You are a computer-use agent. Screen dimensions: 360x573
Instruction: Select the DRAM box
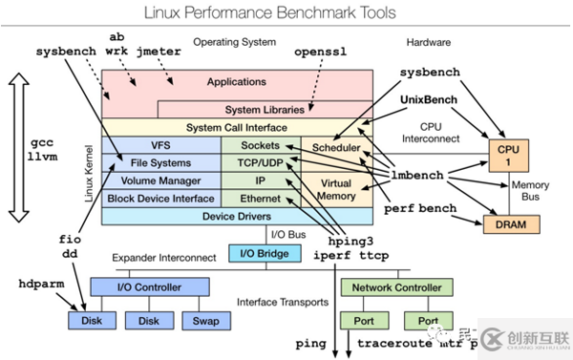(505, 223)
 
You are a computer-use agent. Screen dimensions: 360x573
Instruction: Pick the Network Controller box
(396, 286)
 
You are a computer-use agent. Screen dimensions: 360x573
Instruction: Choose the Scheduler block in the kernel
(336, 148)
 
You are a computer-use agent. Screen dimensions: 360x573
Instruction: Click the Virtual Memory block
(336, 189)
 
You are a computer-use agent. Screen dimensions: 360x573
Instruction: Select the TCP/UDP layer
(260, 163)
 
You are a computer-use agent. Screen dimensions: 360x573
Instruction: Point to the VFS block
(160, 146)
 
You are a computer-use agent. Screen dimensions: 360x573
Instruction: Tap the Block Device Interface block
(160, 198)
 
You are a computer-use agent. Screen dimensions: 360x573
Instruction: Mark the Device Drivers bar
(235, 216)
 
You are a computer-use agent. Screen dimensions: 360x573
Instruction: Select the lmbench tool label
(421, 176)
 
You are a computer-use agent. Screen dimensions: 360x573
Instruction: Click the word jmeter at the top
(159, 50)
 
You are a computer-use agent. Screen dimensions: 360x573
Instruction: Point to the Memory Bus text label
(531, 189)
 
